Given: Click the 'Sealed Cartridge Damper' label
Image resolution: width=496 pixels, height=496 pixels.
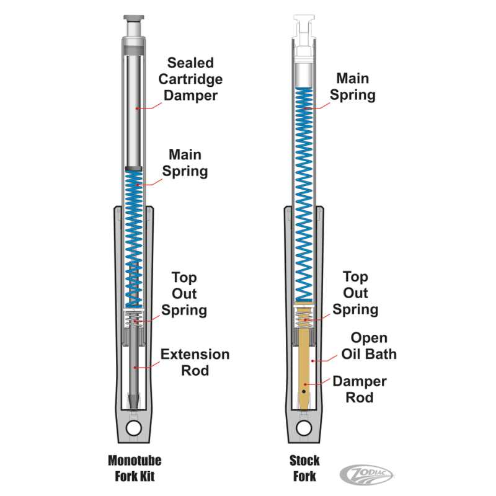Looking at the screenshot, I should click(x=190, y=79).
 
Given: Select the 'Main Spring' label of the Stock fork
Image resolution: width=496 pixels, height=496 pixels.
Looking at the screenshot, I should click(x=352, y=87).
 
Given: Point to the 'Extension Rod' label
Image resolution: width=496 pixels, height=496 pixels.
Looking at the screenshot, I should click(x=195, y=363).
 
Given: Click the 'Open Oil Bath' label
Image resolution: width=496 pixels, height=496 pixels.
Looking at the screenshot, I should click(x=368, y=346).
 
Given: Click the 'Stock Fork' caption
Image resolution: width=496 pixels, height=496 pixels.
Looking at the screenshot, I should click(x=304, y=468).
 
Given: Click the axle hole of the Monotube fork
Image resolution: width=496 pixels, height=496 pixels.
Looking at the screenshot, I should click(x=135, y=428).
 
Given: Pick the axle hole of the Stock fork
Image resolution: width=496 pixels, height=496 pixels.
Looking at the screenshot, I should click(x=303, y=428).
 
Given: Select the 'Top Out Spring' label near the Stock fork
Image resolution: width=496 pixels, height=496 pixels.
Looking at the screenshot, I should click(x=355, y=293).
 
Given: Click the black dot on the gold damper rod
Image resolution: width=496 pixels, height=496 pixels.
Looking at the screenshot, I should click(x=304, y=392).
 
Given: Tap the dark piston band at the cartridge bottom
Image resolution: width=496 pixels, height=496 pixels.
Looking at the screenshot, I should click(x=135, y=168).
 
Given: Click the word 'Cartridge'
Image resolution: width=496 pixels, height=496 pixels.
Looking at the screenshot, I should click(x=190, y=79).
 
